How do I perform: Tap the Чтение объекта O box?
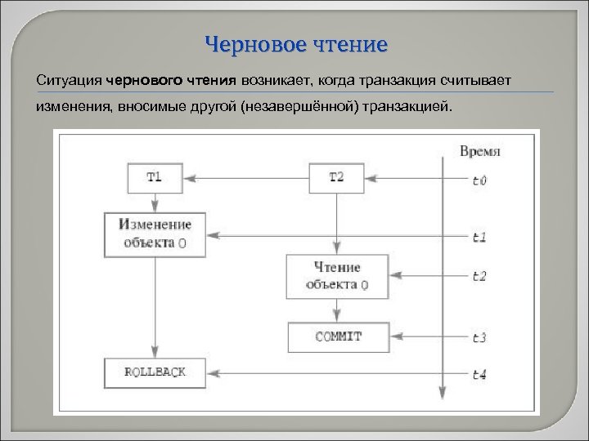(x=336, y=276)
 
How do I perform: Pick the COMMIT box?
(x=336, y=336)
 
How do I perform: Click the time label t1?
(x=479, y=237)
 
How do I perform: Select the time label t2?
(x=479, y=277)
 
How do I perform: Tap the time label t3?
(x=479, y=337)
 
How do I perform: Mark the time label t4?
(x=479, y=374)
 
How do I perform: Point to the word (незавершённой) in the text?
(x=299, y=108)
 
